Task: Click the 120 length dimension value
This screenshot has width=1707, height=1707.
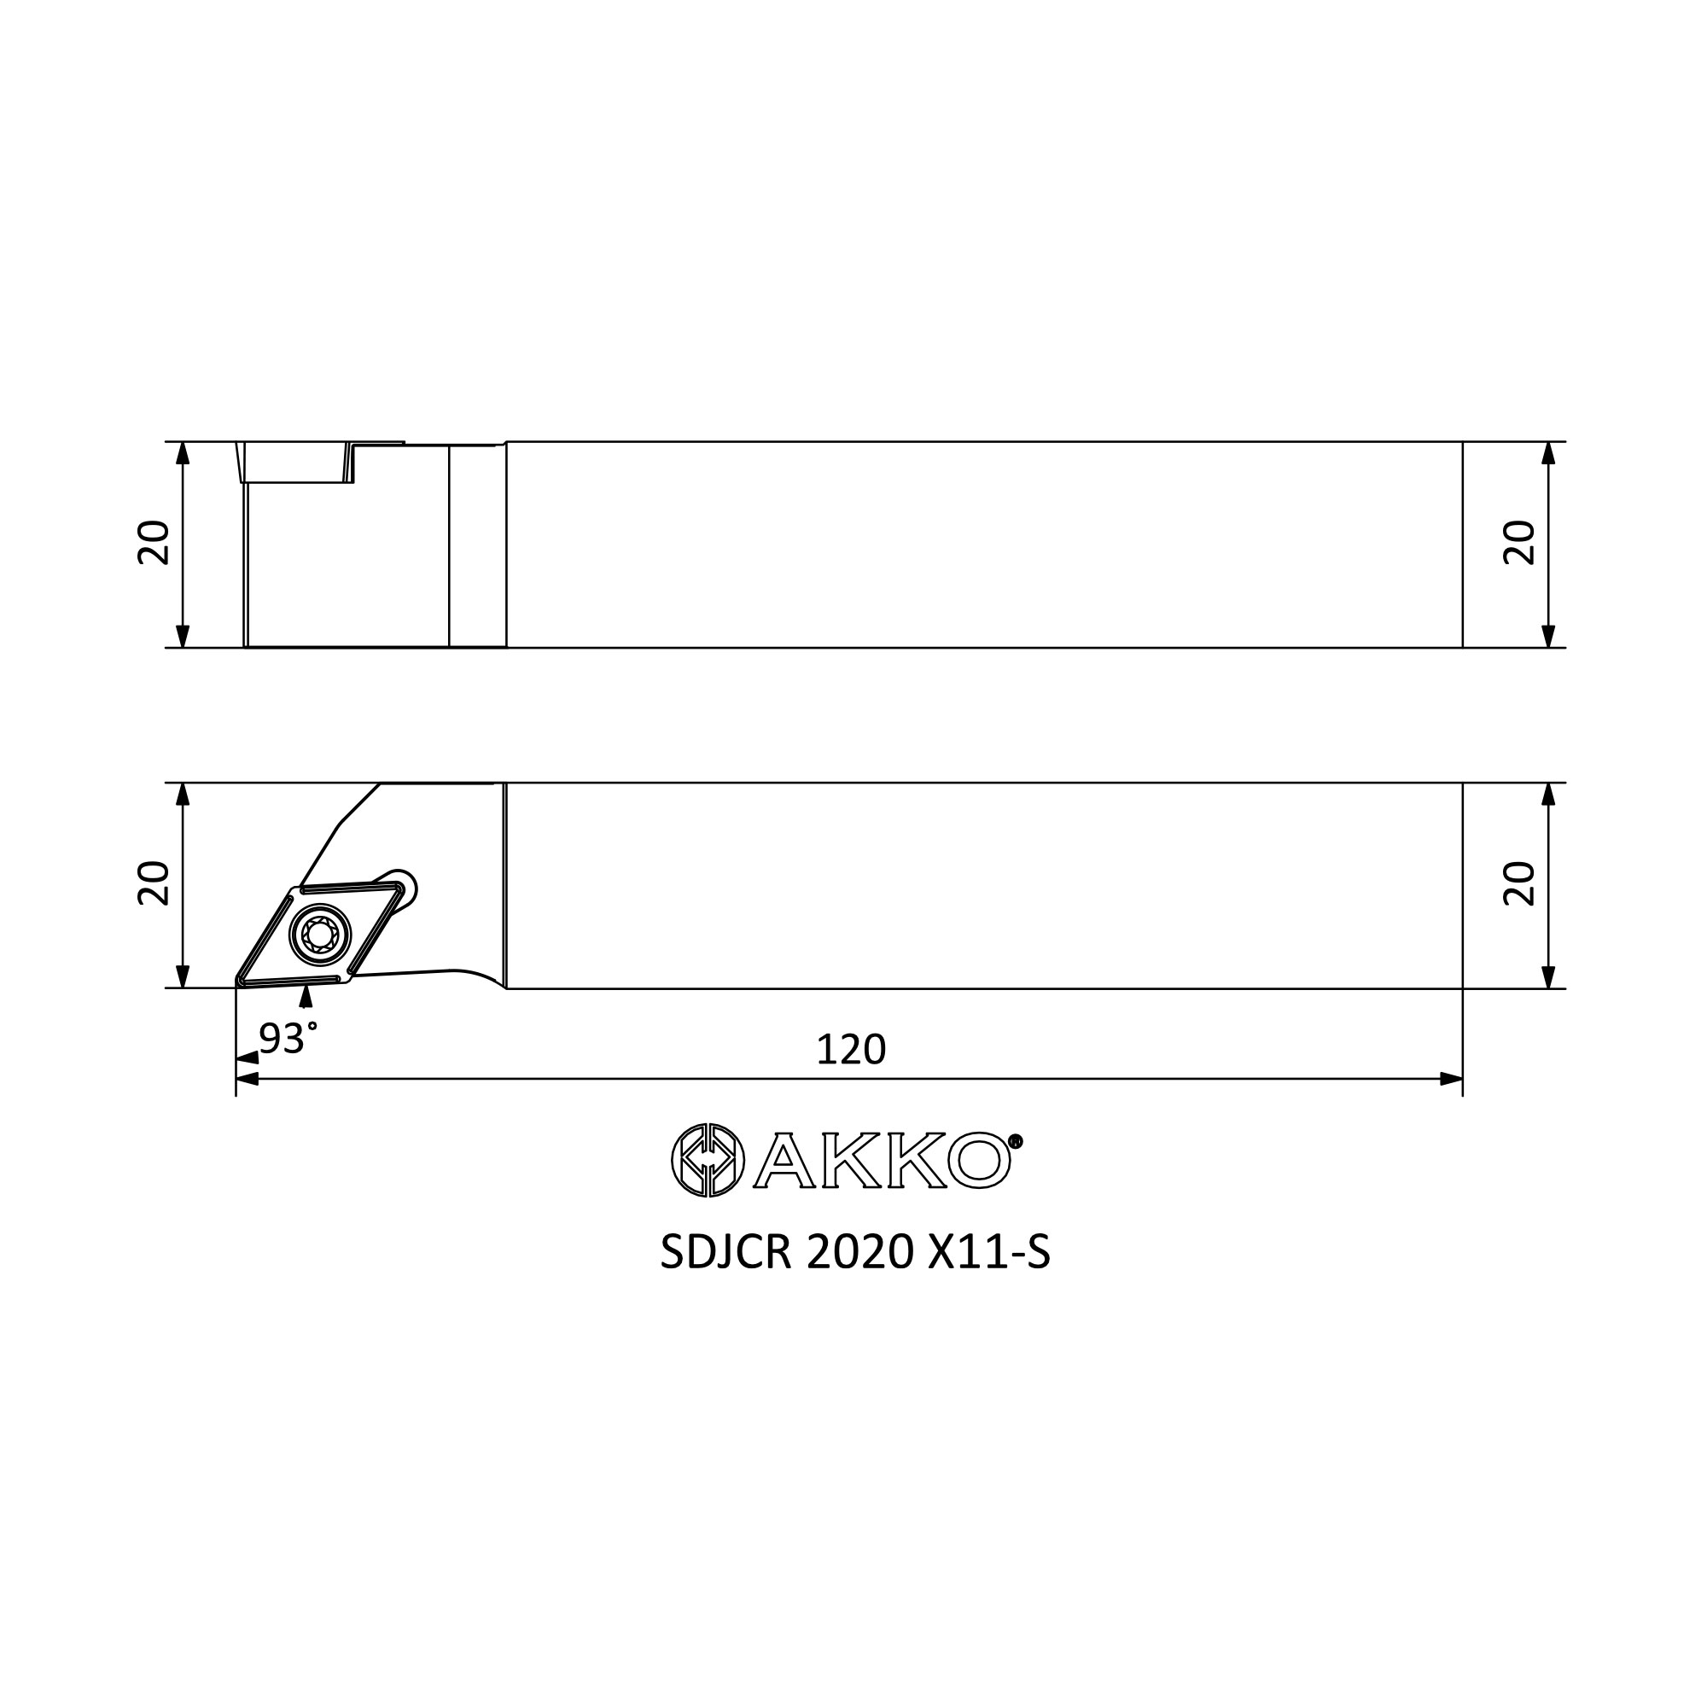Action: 850,1050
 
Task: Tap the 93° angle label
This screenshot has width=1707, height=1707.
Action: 288,1039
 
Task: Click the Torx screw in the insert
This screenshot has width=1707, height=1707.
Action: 320,935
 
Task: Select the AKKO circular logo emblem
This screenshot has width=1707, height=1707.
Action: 708,1161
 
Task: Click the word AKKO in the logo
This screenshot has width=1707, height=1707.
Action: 883,1161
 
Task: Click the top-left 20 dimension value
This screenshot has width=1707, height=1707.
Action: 153,543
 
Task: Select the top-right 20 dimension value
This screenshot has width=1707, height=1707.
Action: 1519,543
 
